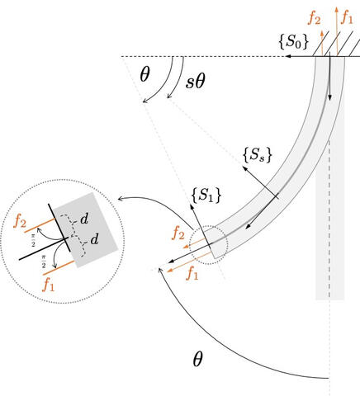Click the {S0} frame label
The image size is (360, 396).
293,42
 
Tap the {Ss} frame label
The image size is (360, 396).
258,155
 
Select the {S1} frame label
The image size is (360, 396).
206,196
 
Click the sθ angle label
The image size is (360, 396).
196,82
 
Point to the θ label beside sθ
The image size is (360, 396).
144,74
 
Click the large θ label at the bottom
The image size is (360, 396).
197,359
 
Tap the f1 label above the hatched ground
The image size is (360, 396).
347,17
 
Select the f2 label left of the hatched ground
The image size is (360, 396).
314,18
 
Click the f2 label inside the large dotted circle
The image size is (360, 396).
20,220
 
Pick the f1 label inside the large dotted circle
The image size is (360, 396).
49,285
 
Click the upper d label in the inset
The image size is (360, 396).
84,219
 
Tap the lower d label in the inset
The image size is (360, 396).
94,239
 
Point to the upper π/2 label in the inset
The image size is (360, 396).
33,240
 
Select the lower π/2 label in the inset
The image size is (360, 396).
44,262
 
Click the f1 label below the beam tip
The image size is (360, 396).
192,273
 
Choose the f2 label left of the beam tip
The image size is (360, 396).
178,233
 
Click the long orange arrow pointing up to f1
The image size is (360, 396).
337,31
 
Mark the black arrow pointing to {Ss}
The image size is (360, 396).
261,182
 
